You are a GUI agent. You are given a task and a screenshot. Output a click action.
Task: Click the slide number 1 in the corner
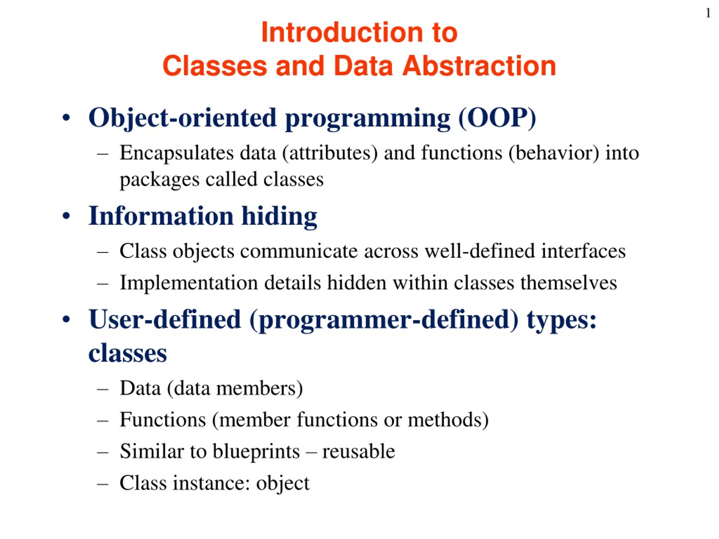coord(708,13)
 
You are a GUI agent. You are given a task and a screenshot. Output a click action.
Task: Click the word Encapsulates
coord(176,153)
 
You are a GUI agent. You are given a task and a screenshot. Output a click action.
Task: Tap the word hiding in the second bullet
coord(279,216)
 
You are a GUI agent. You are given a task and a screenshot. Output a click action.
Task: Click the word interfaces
coord(583,251)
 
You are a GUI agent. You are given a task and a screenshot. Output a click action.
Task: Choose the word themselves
coord(569,283)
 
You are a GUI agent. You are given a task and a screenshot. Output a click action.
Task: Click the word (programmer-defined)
coord(384,320)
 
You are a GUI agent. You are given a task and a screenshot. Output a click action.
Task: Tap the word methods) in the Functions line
coord(448,420)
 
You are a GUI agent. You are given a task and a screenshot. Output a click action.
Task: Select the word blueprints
coord(256,451)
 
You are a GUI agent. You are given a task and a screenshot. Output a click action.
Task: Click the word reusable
coord(359,451)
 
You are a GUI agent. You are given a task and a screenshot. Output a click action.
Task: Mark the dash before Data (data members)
coord(103,389)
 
